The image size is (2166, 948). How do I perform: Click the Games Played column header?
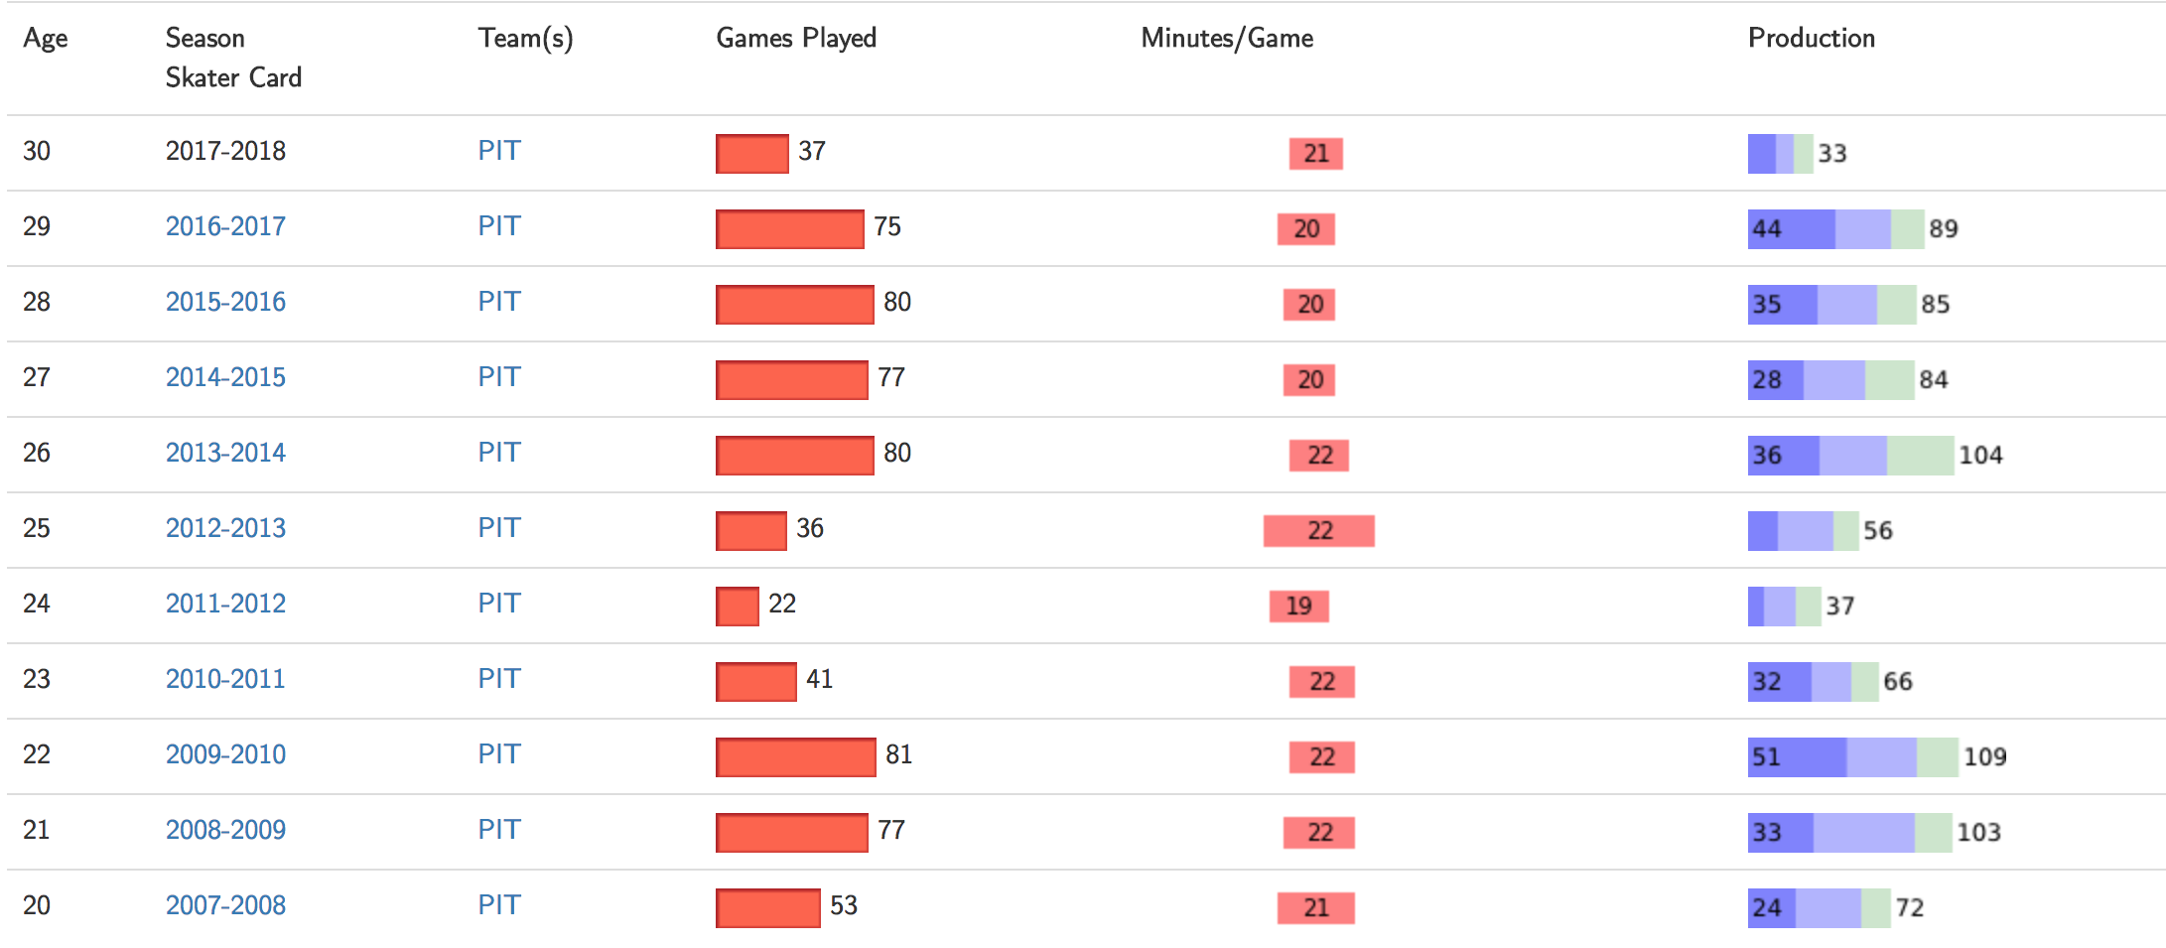click(x=796, y=38)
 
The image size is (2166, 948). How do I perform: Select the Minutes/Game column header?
click(x=1227, y=38)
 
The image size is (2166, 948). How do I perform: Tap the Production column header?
click(x=1812, y=38)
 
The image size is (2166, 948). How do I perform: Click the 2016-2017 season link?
click(x=225, y=226)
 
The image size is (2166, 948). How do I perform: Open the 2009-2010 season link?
click(x=225, y=754)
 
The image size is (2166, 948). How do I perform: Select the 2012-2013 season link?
click(x=225, y=528)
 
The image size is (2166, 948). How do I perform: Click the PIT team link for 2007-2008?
click(x=499, y=905)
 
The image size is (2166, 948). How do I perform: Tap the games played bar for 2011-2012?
click(x=738, y=607)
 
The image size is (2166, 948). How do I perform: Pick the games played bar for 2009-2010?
click(x=796, y=757)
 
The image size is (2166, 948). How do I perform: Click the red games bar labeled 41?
click(x=756, y=682)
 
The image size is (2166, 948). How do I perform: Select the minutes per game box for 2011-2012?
click(x=1298, y=606)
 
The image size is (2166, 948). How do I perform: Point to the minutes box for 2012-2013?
click(x=1319, y=530)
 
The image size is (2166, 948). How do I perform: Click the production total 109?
click(x=1984, y=756)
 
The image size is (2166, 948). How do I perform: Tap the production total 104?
click(x=1980, y=455)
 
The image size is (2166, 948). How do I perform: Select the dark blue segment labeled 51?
click(x=1797, y=757)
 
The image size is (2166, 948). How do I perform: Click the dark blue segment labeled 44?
click(x=1792, y=229)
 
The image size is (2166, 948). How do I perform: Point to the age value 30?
click(x=37, y=151)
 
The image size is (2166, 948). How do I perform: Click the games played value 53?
click(x=844, y=905)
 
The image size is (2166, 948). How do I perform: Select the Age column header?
click(x=46, y=39)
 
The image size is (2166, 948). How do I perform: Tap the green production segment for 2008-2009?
click(x=1934, y=833)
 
